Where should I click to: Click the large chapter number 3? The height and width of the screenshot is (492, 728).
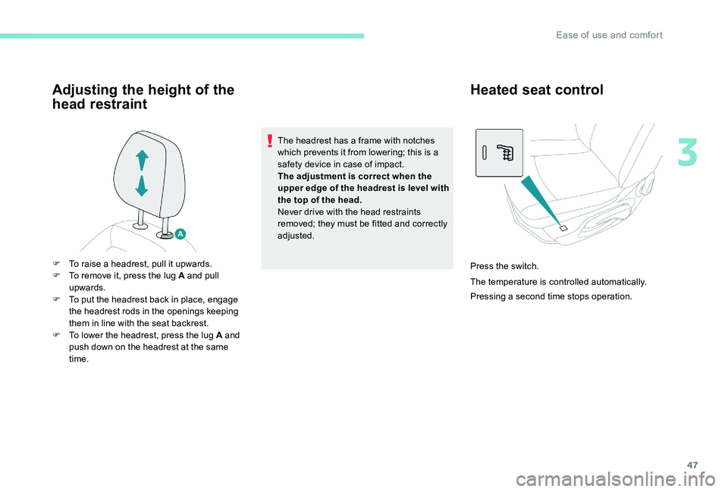pyautogui.click(x=689, y=152)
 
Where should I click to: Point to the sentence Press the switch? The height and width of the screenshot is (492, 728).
pyautogui.click(x=504, y=266)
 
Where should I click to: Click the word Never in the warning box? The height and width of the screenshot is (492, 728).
pyautogui.click(x=291, y=212)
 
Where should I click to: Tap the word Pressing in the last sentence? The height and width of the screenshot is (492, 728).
pyautogui.click(x=488, y=296)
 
